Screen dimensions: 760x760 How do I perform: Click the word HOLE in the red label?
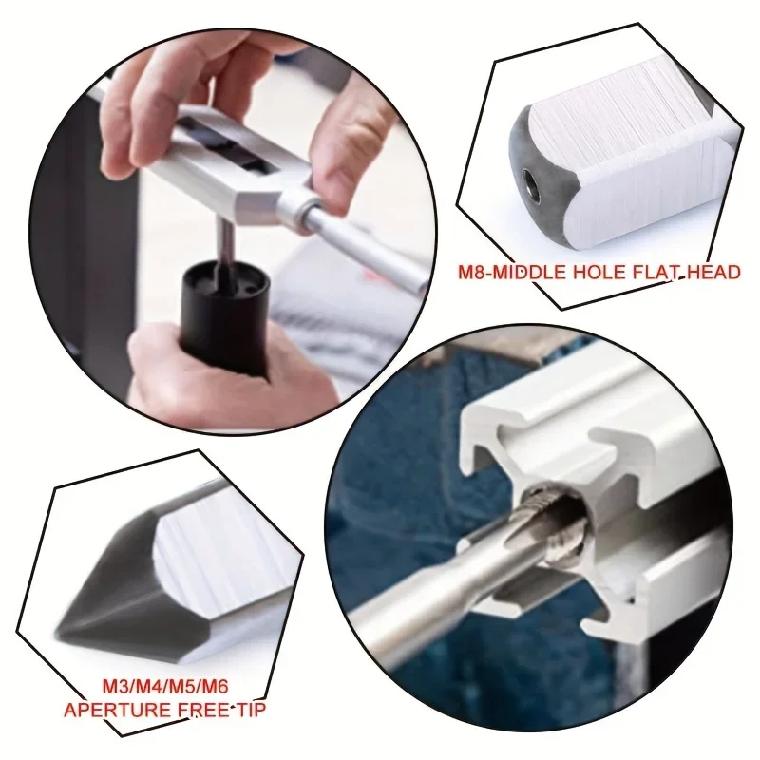601,274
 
